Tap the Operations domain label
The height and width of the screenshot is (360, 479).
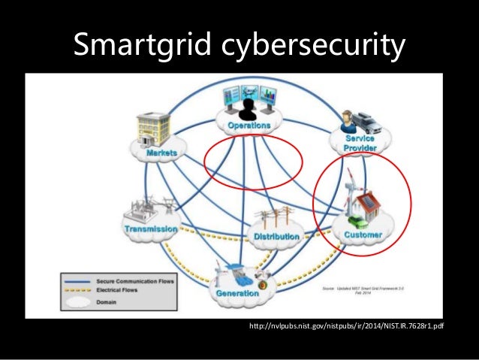coord(249,126)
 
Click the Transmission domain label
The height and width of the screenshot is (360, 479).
coord(151,228)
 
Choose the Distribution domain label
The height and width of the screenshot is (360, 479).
coord(276,237)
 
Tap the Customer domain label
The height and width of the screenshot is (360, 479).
coord(363,234)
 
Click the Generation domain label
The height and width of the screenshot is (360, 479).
coord(237,292)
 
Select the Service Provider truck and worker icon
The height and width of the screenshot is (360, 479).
coord(361,120)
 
